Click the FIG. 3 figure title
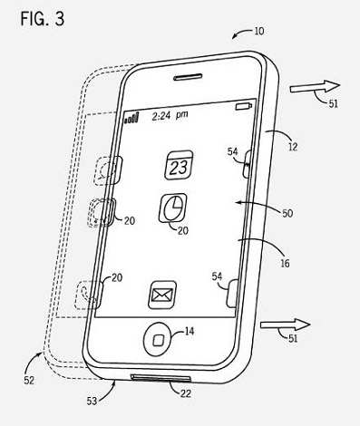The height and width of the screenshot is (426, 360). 43,19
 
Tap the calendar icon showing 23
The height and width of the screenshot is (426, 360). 179,165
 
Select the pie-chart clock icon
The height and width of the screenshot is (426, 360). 173,208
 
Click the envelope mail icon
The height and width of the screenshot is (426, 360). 162,295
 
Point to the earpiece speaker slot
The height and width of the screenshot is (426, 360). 188,77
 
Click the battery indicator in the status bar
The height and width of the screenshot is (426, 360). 244,106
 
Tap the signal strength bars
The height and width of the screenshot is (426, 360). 131,118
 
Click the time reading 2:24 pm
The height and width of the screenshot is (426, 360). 170,115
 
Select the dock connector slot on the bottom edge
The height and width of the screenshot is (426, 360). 161,377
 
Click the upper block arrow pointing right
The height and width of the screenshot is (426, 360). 315,87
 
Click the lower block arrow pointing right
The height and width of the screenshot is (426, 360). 286,325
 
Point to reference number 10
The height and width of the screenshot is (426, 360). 259,31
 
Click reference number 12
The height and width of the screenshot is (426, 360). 293,147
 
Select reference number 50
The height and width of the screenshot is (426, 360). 287,213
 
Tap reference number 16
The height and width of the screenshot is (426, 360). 285,264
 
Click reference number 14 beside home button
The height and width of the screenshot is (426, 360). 190,332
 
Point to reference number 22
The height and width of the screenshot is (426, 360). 186,393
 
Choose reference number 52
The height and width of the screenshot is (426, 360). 29,381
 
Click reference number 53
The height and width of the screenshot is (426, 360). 92,401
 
